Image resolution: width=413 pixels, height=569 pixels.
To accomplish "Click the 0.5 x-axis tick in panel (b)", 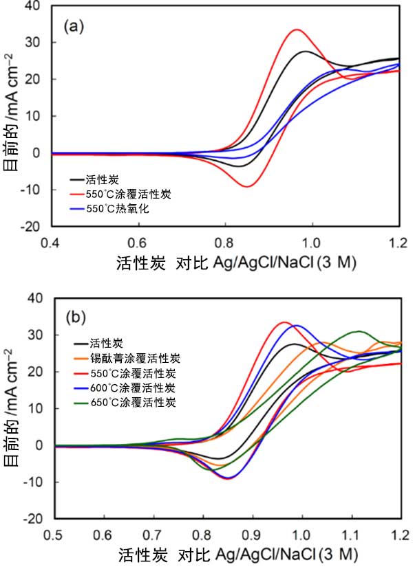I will point(53,534).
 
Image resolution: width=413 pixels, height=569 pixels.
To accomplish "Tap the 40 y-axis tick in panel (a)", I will point(35,5).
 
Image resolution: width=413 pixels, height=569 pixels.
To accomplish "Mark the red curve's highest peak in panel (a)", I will point(297,30).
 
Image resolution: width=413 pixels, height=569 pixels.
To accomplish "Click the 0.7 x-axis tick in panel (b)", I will point(153,534).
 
